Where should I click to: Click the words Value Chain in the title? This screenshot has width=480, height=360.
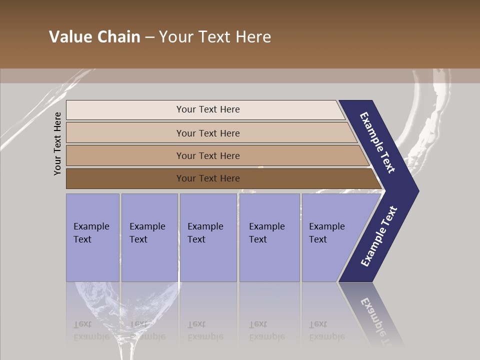coord(94,37)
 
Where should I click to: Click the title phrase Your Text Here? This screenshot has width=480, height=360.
coord(215,37)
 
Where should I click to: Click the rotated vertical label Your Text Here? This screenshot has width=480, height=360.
coord(57,144)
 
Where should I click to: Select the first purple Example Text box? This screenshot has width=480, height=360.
coord(92,237)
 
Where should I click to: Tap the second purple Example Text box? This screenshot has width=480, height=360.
coord(149,237)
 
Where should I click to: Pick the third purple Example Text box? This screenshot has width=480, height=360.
coord(208,237)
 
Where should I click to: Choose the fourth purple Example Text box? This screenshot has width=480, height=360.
coord(269,237)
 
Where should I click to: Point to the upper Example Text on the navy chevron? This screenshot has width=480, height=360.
coord(377,143)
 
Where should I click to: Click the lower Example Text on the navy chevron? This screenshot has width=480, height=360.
coord(378,236)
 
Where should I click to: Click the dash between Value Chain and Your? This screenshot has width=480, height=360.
coord(149,37)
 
